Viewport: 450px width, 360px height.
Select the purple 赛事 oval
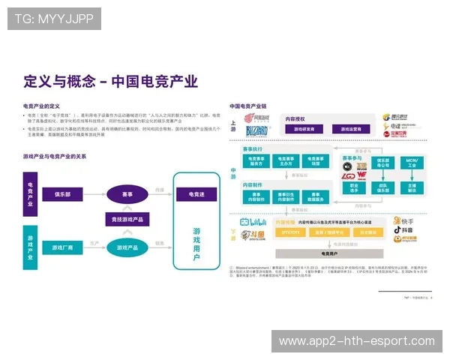[x=127, y=193]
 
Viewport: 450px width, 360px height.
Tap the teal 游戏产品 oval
[x=127, y=247]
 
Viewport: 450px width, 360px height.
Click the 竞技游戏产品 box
[x=127, y=219]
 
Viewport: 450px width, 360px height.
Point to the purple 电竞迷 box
[x=196, y=193]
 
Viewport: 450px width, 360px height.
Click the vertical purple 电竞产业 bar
[x=30, y=193]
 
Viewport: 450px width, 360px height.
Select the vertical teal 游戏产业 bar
[x=30, y=247]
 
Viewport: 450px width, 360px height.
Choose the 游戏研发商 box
[x=303, y=129]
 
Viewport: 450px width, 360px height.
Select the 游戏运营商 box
[x=346, y=129]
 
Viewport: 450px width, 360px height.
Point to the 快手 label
[x=406, y=222]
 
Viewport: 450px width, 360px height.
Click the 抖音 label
[x=406, y=231]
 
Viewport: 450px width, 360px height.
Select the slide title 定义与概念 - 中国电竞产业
[x=110, y=81]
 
